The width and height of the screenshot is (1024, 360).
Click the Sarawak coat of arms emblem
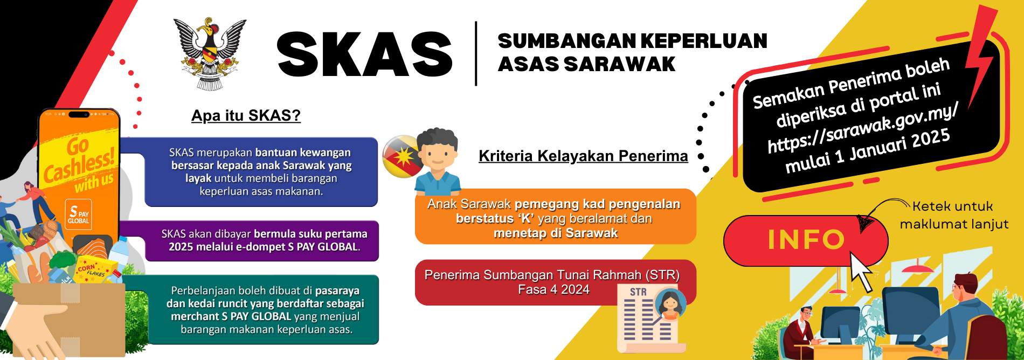210,53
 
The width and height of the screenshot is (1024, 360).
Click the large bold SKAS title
365,54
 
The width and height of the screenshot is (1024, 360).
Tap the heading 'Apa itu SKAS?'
246,116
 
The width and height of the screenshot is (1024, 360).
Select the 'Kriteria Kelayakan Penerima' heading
583,156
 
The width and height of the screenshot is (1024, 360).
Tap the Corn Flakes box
96,269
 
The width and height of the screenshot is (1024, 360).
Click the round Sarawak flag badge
402,156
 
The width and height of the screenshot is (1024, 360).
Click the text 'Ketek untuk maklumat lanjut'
954,215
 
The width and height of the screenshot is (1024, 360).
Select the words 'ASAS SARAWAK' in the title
586,64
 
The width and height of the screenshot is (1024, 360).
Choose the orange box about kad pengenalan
555,217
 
